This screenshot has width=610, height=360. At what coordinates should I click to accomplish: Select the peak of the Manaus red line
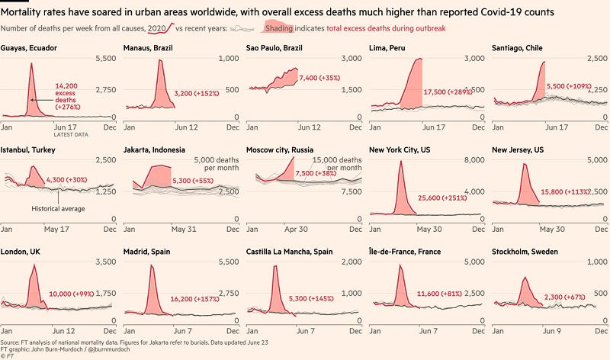160,60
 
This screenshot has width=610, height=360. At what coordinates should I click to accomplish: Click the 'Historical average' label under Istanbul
59,208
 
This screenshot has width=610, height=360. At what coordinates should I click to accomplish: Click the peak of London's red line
33,271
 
